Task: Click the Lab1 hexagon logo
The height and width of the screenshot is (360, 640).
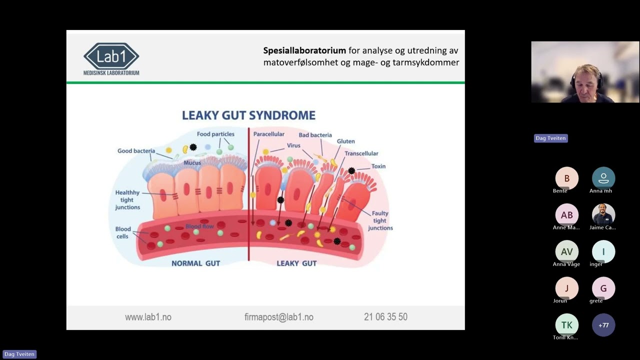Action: tap(111, 56)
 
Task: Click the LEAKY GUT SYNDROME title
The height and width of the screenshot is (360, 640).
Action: tap(248, 115)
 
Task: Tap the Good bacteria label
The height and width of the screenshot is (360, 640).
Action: tap(136, 151)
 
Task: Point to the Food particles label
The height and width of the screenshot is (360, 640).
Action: tap(215, 134)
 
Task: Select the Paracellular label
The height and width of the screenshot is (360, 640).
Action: tap(268, 134)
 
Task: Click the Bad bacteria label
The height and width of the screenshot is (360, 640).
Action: tap(315, 135)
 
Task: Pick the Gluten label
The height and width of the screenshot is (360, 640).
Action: tap(345, 141)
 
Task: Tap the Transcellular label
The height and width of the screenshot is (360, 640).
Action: tap(361, 153)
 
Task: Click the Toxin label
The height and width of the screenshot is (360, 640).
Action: tap(378, 166)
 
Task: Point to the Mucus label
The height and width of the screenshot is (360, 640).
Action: tap(192, 163)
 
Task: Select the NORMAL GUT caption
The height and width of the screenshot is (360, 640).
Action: tap(195, 263)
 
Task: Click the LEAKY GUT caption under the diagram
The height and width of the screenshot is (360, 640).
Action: tap(296, 263)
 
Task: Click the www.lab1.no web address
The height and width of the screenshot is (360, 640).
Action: tap(148, 317)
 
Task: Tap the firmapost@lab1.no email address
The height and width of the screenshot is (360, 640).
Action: tap(279, 317)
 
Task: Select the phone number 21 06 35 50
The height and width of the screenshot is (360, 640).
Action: tap(385, 316)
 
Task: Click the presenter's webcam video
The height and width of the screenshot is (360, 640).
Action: tap(585, 72)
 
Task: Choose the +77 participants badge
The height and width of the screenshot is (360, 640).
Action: tap(603, 325)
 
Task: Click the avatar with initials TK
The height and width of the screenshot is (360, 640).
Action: tap(567, 325)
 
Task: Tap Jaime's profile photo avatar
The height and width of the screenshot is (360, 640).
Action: tap(603, 215)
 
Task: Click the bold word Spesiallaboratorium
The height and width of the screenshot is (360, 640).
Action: tap(304, 50)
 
